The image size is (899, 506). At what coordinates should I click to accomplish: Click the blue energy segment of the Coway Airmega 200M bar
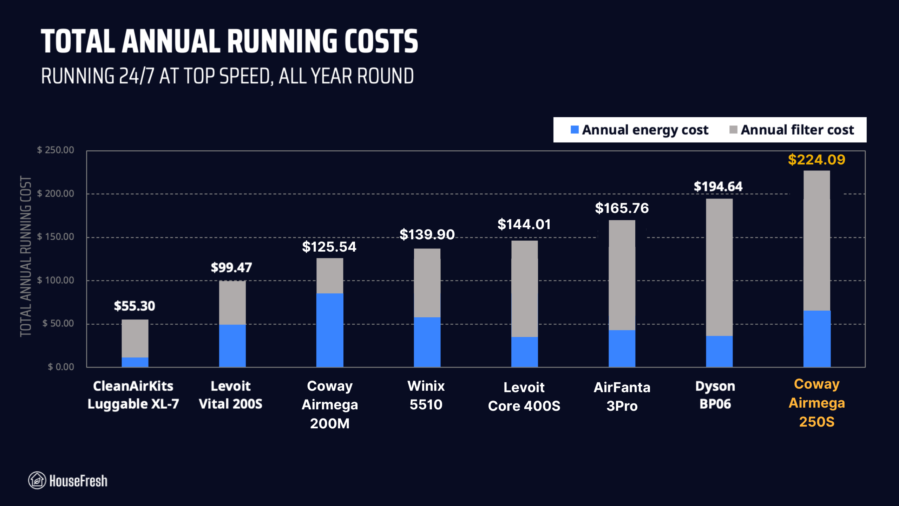[x=329, y=330]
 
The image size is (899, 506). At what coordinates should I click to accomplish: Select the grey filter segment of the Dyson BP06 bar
[x=719, y=267]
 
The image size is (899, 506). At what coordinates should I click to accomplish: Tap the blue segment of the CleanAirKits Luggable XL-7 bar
[x=135, y=362]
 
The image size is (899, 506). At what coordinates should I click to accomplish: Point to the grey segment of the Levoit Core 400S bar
[x=524, y=288]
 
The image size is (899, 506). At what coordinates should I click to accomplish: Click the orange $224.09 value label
[x=816, y=160]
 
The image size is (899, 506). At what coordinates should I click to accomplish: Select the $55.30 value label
[x=134, y=306]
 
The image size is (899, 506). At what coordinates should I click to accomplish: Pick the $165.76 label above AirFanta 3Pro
[x=622, y=208]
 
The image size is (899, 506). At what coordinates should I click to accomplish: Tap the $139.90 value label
[x=427, y=234]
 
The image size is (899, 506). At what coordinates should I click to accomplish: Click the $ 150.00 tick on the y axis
[x=56, y=236]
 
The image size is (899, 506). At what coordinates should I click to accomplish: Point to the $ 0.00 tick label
[x=61, y=367]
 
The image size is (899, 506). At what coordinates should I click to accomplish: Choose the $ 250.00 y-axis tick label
[x=56, y=150]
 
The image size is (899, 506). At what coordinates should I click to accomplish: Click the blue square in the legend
[x=575, y=130]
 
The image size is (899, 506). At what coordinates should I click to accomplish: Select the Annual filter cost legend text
[x=797, y=130]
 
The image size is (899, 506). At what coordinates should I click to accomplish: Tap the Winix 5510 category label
[x=426, y=395]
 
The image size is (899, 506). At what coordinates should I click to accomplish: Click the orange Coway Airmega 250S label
[x=816, y=403]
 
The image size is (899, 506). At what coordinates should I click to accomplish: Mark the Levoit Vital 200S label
[x=230, y=395]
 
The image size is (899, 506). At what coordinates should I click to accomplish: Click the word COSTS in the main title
[x=381, y=41]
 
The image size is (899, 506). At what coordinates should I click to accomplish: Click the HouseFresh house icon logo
[x=37, y=480]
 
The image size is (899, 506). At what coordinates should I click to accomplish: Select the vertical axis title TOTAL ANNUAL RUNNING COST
[x=26, y=257]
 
